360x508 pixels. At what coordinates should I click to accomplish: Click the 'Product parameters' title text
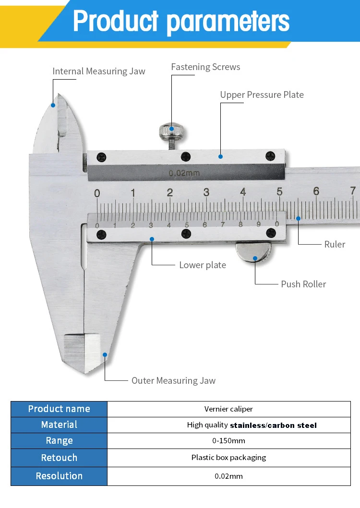pos(181,22)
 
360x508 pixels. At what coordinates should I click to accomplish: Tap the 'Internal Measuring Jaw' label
pos(98,71)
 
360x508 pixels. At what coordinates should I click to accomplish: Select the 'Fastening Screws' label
pos(205,67)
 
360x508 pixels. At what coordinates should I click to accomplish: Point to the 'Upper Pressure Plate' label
pos(262,95)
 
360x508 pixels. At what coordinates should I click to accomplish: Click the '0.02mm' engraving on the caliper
pos(184,173)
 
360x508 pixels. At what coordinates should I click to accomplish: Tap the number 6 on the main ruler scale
pos(316,191)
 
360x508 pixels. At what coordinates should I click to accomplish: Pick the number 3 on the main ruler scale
pos(206,192)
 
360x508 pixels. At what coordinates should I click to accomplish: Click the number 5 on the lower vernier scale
pos(187,224)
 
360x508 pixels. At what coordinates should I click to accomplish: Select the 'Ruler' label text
pos(335,244)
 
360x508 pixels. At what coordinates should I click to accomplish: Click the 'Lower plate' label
pos(202,265)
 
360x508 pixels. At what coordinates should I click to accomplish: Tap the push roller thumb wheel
pos(254,252)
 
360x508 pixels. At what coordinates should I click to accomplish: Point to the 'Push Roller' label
pos(303,284)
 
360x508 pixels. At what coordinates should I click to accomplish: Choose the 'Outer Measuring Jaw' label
pos(173,380)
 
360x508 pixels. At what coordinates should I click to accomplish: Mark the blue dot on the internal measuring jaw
pos(53,105)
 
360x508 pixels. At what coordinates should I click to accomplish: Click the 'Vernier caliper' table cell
pos(228,409)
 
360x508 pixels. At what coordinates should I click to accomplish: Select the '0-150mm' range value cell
pos(228,441)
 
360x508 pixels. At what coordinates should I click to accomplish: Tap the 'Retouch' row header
pos(59,458)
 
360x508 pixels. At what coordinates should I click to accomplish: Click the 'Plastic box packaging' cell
pos(228,458)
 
